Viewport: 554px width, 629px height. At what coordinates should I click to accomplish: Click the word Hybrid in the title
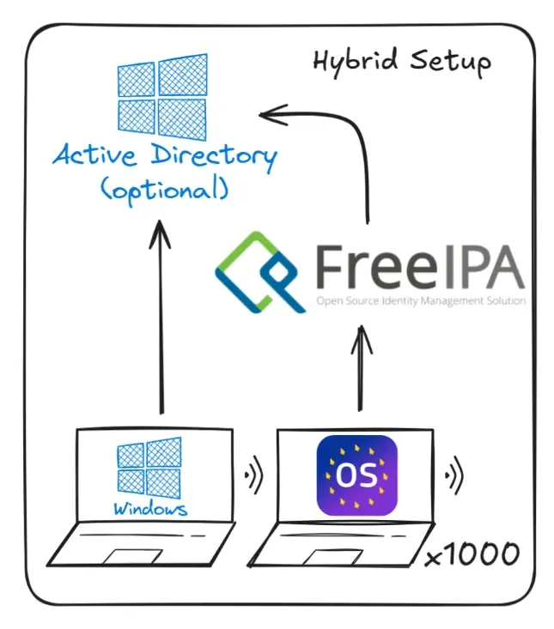(x=348, y=63)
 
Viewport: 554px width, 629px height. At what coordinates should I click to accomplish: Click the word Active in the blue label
(x=93, y=157)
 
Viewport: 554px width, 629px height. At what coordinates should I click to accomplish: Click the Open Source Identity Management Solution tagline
(x=421, y=302)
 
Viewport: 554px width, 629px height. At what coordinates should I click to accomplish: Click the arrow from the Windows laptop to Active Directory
(x=161, y=318)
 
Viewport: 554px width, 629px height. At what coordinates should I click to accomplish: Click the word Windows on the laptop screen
(x=150, y=509)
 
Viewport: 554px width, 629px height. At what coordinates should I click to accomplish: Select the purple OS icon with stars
(x=357, y=476)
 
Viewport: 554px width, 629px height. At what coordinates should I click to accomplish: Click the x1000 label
(x=473, y=555)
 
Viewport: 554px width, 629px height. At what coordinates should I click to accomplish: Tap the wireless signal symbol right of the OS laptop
(x=453, y=474)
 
